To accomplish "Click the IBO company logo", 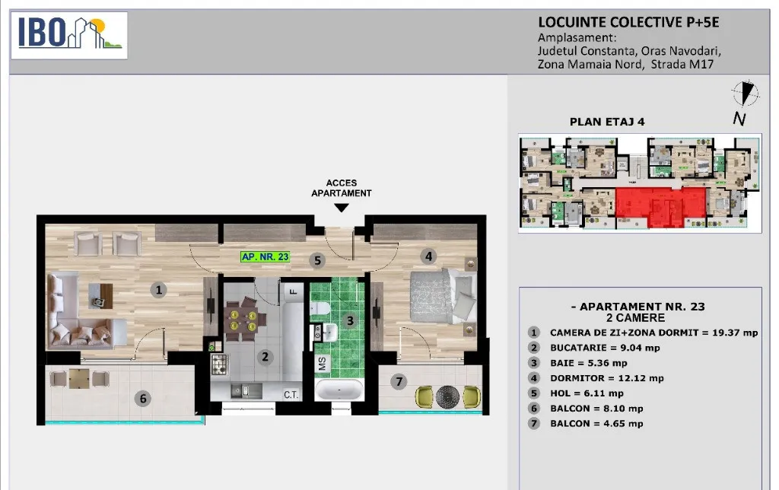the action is (x=69, y=35).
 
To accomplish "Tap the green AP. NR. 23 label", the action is (x=265, y=257).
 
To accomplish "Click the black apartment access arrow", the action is (x=342, y=208).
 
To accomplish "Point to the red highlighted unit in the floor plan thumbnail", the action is (x=661, y=207).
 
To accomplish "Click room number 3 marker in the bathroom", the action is (x=350, y=320).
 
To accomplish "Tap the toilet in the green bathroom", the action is (x=320, y=308).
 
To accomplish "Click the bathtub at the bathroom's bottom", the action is (x=339, y=390).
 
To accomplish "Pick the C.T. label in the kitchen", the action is (x=291, y=395).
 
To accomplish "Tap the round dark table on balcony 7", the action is (x=447, y=396).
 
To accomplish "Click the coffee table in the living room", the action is (x=101, y=296).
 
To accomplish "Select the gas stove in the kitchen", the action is (x=219, y=364).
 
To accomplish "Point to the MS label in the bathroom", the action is (x=322, y=363).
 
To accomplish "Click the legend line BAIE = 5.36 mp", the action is (x=588, y=363).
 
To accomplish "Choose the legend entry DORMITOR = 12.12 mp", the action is (x=606, y=378).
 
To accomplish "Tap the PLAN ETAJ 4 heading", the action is (x=607, y=122).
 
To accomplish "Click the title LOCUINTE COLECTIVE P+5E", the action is (x=628, y=22).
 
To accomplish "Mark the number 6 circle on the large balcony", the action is (x=143, y=398).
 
